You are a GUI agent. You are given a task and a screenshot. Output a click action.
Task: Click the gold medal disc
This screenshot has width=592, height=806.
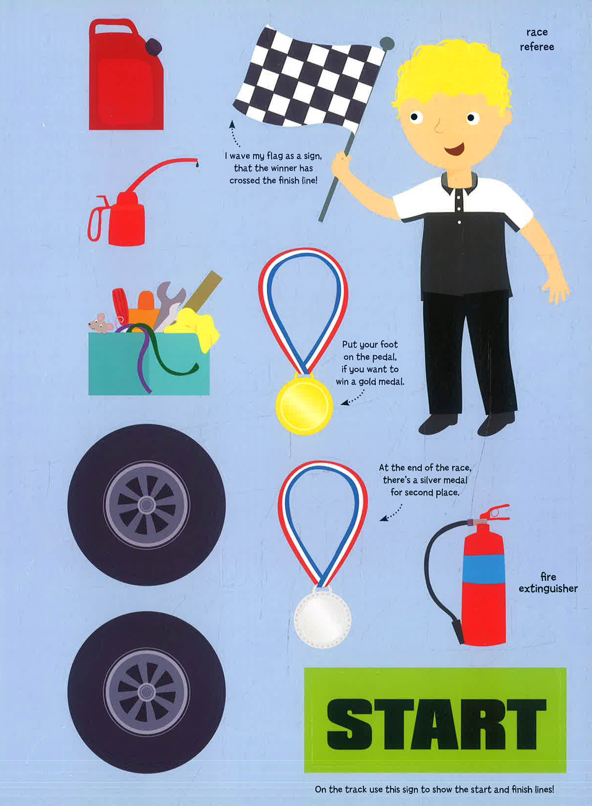coord(304,404)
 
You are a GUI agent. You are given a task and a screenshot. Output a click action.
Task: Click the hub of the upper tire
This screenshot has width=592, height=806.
coord(146,505)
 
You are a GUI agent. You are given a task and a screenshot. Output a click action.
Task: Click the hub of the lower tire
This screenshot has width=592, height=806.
coord(146,691)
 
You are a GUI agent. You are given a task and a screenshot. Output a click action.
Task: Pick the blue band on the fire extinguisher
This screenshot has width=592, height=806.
coord(484,569)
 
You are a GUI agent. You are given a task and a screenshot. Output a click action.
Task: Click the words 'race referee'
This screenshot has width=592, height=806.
coord(537,39)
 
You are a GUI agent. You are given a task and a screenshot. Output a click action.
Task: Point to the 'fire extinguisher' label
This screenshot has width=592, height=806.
coord(548,583)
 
